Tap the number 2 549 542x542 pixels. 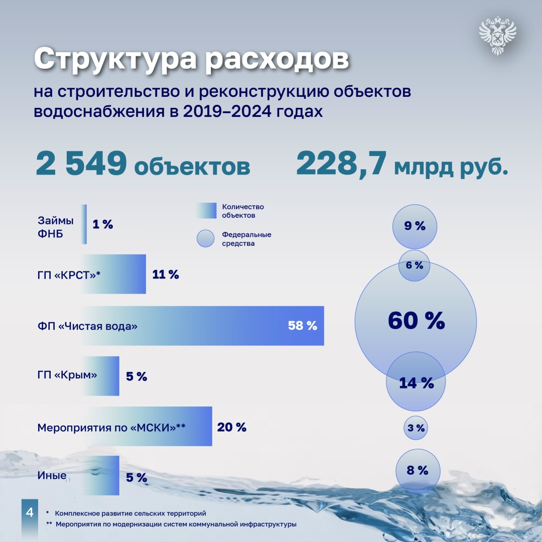(x=80, y=164)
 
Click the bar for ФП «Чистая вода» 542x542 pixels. (x=201, y=326)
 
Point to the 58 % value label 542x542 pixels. (x=303, y=326)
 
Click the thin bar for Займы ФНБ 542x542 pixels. (x=84, y=224)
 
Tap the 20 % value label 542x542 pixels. (x=232, y=427)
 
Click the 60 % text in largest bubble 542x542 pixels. (x=416, y=321)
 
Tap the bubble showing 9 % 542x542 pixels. (x=415, y=226)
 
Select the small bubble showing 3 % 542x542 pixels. (x=416, y=428)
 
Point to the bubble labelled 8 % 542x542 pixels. (x=417, y=471)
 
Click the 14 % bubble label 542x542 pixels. (x=416, y=383)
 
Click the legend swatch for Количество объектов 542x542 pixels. (x=207, y=211)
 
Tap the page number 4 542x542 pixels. (x=29, y=513)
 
